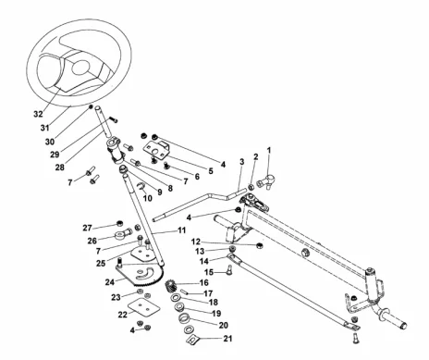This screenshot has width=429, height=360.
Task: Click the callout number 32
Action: (38, 114)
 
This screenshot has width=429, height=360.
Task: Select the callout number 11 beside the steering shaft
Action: (181, 230)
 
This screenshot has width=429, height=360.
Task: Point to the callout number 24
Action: (110, 282)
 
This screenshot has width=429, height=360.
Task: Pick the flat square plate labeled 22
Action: (144, 306)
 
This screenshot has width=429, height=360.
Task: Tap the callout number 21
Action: (227, 339)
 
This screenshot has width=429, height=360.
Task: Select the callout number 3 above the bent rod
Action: (242, 162)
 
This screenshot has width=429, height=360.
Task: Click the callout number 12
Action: (196, 242)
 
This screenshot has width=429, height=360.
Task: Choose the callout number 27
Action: (87, 228)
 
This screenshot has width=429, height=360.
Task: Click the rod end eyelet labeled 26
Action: (122, 234)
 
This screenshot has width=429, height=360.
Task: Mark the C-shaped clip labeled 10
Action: (141, 186)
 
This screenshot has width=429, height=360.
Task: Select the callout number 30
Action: (50, 142)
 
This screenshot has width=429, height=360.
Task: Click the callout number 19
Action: (216, 313)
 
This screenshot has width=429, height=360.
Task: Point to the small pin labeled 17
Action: (184, 291)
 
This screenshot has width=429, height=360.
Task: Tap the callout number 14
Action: (204, 261)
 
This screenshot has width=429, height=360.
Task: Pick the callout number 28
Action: (60, 168)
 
